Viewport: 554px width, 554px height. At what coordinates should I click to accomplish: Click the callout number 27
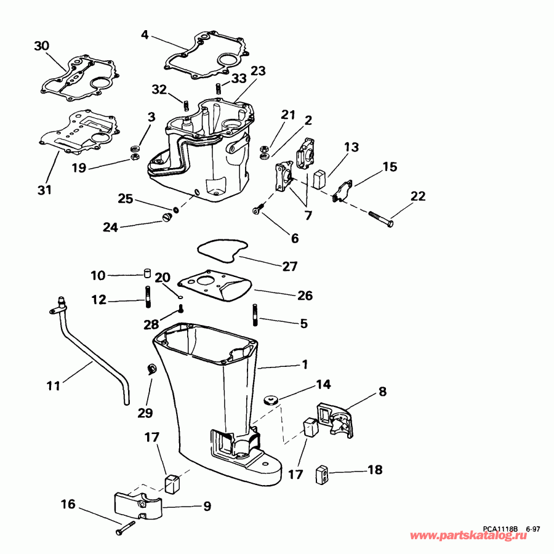click(x=289, y=267)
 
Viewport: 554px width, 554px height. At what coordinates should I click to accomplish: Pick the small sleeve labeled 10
click(x=147, y=274)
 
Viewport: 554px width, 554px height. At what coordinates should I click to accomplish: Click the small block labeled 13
click(x=319, y=179)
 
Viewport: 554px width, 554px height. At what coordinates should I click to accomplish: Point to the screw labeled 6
click(x=257, y=211)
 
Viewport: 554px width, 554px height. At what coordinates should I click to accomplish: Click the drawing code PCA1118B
click(x=500, y=528)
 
